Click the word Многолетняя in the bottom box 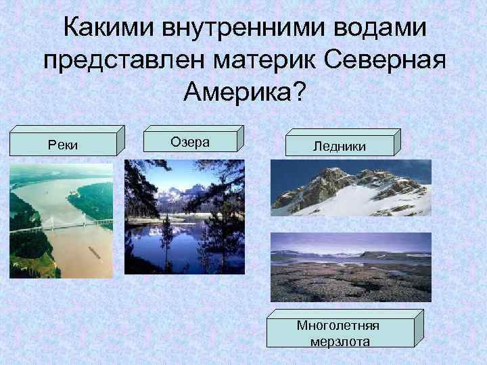pyautogui.click(x=338, y=325)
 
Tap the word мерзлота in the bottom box pyautogui.click(x=340, y=341)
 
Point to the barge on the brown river pyautogui.click(x=93, y=252)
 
